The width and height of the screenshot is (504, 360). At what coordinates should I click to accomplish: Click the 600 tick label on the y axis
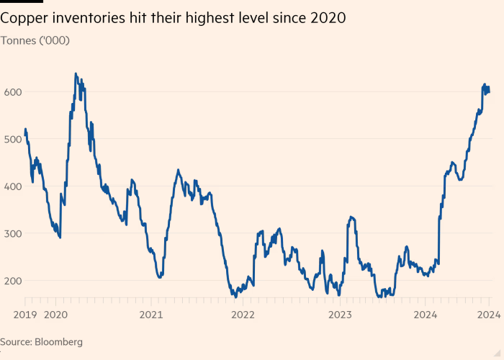[x=13, y=91]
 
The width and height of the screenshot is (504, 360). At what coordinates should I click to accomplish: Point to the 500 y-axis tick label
[x=13, y=139]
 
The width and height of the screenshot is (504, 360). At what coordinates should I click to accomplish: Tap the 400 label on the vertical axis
[x=13, y=186]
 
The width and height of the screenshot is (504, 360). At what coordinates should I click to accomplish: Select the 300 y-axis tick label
[x=13, y=233]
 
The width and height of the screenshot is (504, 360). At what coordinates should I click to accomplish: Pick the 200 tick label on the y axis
[x=13, y=281]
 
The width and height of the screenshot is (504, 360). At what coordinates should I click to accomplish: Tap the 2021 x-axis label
[x=150, y=314]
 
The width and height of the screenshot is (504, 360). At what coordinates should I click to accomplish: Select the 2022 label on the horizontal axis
[x=243, y=314]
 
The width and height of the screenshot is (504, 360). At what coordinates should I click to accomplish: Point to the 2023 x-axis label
[x=340, y=314]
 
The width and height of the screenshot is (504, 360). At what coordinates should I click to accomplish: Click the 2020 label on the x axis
[x=56, y=314]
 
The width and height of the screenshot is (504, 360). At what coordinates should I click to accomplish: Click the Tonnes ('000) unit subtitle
[x=35, y=40]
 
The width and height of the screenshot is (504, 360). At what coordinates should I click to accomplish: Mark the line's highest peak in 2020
[x=76, y=73]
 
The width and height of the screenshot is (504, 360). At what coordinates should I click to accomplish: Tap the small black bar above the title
[x=22, y=1]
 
